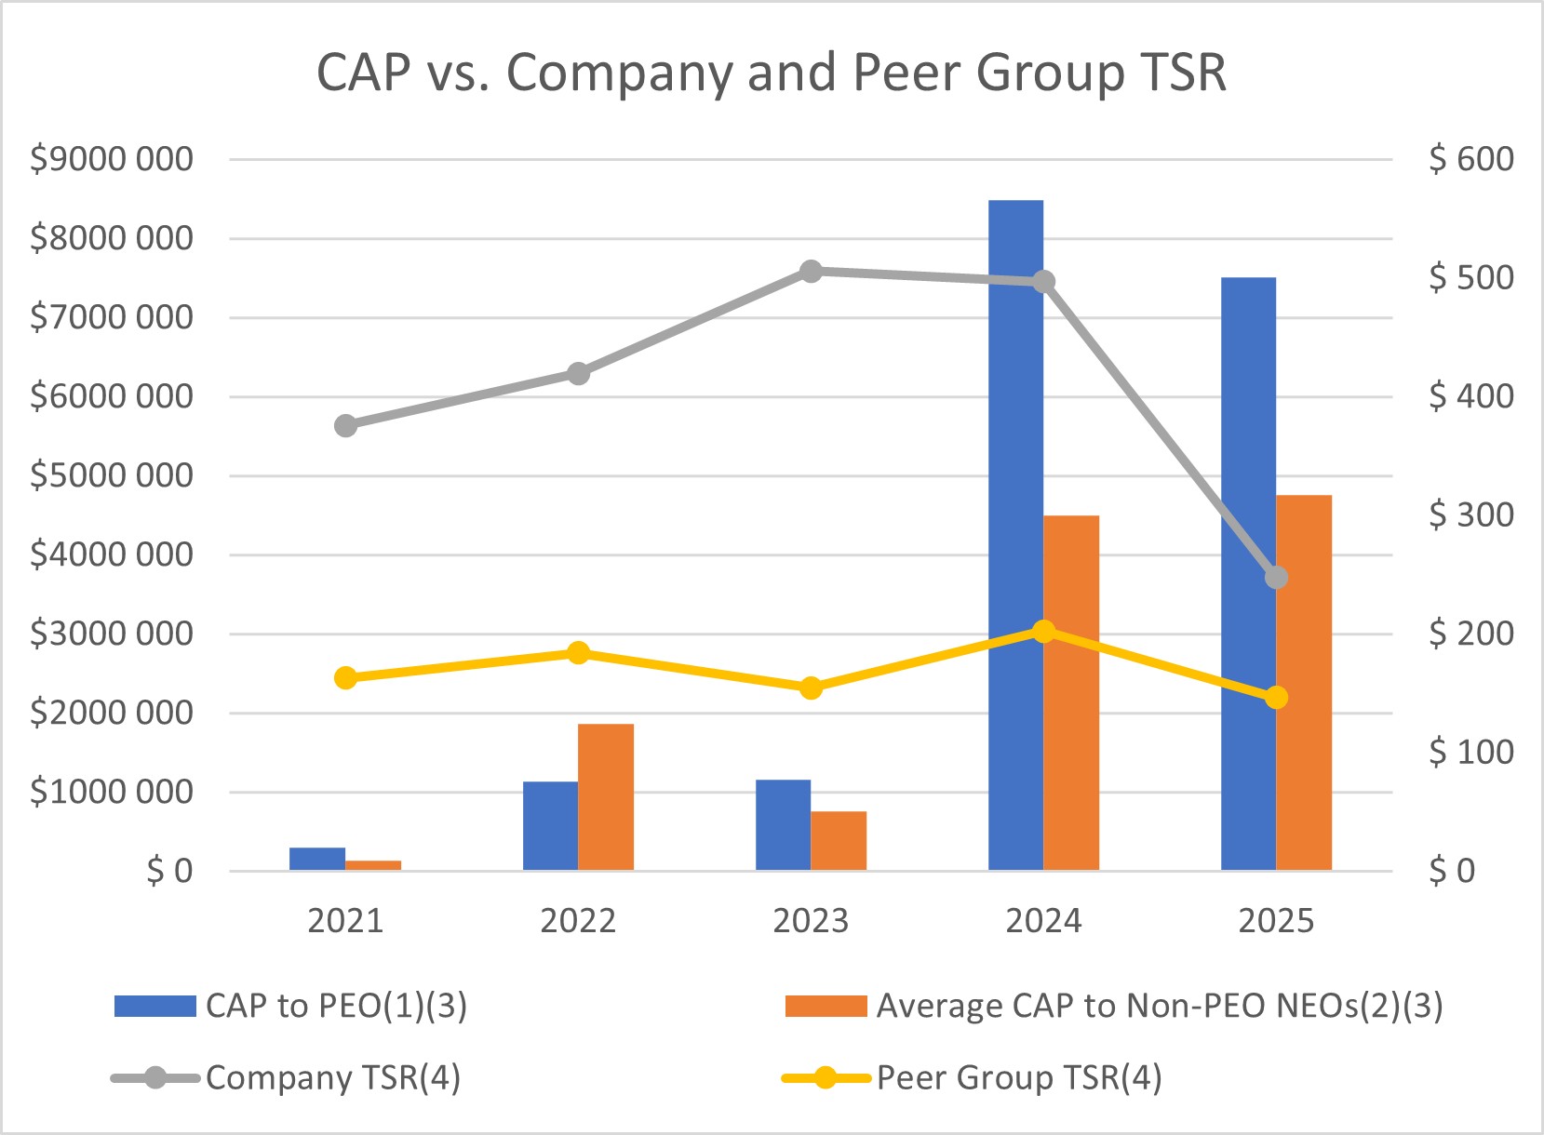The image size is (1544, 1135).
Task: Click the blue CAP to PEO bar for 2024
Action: pyautogui.click(x=1015, y=535)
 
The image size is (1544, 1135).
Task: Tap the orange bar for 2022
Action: pyautogui.click(x=606, y=796)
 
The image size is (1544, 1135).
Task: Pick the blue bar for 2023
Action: pyautogui.click(x=783, y=824)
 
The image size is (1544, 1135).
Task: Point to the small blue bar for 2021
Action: pyautogui.click(x=317, y=859)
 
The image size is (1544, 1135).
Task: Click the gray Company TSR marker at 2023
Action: pyautogui.click(x=811, y=272)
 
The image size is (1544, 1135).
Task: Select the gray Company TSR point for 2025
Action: pyautogui.click(x=1276, y=578)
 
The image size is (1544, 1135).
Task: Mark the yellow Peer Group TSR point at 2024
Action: pyautogui.click(x=1043, y=631)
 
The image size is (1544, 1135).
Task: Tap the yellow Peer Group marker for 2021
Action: pyautogui.click(x=345, y=677)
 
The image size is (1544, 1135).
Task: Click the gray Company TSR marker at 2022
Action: pyautogui.click(x=578, y=374)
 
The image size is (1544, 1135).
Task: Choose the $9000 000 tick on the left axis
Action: pyautogui.click(x=112, y=159)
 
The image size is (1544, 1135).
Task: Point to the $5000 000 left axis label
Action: pyautogui.click(x=112, y=475)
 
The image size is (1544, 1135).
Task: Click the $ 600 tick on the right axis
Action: pyautogui.click(x=1470, y=159)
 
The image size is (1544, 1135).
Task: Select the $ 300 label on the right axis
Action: pyautogui.click(x=1470, y=514)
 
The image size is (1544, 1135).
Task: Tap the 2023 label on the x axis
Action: pyautogui.click(x=811, y=921)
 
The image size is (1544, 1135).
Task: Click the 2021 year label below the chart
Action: pyautogui.click(x=345, y=921)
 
